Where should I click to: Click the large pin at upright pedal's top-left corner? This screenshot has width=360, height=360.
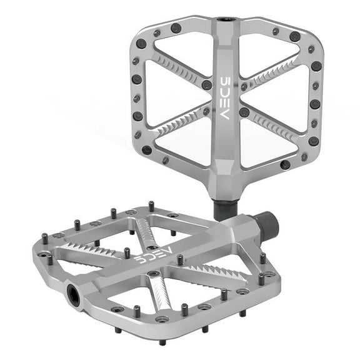(x=142, y=44)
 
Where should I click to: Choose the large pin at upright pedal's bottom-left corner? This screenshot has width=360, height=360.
(x=147, y=150)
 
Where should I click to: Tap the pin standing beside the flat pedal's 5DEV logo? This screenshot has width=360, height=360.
(x=127, y=252)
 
